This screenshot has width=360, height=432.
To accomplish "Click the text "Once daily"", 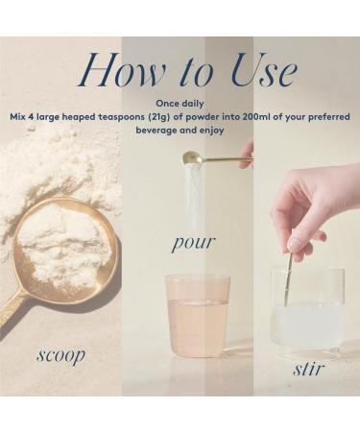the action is click(180, 104).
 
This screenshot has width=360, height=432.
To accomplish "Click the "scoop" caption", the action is click(60, 355).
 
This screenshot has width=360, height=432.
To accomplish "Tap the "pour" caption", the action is click(193, 243).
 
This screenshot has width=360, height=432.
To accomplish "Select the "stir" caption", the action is click(308, 369).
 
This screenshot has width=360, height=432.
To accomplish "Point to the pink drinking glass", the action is click(198, 316).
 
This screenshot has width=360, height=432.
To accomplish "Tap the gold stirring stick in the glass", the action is click(287, 279).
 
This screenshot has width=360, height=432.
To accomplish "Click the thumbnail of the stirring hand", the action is click(293, 247).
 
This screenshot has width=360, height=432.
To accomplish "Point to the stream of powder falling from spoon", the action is click(195, 199).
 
